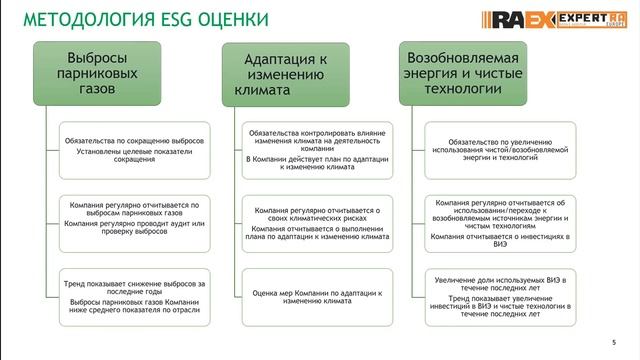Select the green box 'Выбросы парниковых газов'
91,73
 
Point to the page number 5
613,339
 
